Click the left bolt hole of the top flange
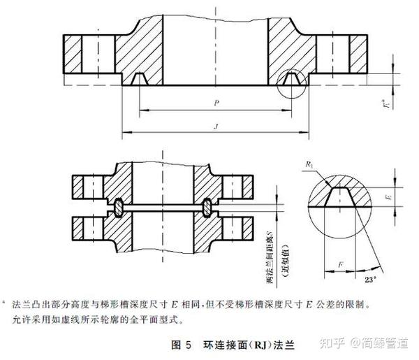pyautogui.click(x=87, y=52)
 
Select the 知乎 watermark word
pyautogui.click(x=335, y=343)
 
